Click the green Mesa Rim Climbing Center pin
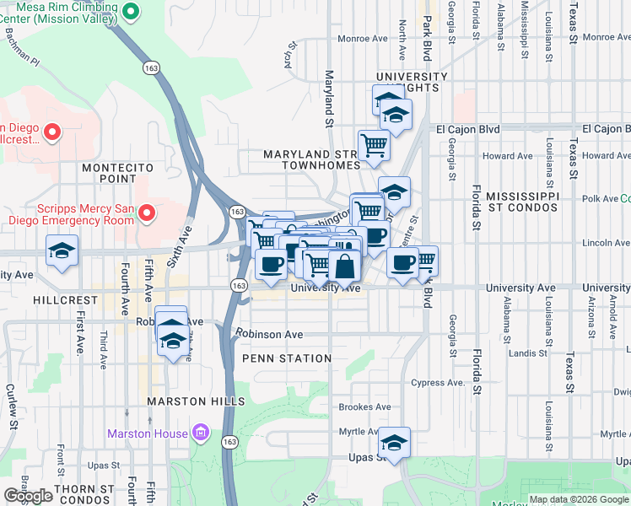point(130,12)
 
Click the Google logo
point(28,496)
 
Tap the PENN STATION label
point(286,358)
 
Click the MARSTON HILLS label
point(196,401)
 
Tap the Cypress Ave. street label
point(439,382)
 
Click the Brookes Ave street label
point(364,406)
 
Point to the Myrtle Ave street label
point(359,431)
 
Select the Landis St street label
point(529,353)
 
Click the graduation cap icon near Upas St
point(394,442)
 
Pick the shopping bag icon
point(345,266)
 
